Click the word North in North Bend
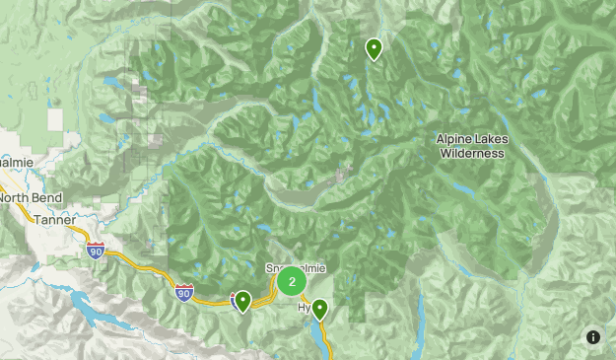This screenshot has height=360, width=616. (x=17, y=198)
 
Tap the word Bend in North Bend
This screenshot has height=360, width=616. (x=48, y=198)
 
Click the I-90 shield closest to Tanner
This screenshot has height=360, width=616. (x=96, y=251)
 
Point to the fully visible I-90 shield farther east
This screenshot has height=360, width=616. (x=184, y=292)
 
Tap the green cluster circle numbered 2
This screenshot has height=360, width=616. (x=292, y=282)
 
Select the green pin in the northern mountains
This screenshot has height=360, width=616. (x=374, y=47)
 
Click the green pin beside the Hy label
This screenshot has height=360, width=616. (x=318, y=310)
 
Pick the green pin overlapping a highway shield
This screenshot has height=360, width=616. (x=242, y=301)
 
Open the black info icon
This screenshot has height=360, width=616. (x=593, y=337)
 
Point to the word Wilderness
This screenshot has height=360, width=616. (x=472, y=153)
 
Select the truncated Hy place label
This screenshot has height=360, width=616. (x=304, y=309)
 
